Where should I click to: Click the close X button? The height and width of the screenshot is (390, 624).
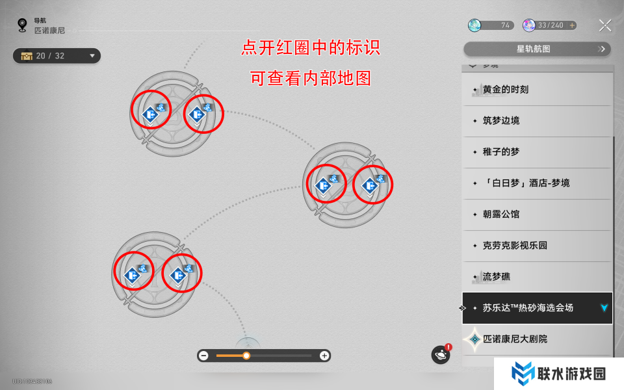605,25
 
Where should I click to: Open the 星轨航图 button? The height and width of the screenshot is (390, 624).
537,49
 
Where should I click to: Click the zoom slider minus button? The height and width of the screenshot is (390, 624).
204,356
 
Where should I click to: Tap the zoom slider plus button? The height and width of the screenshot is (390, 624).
324,356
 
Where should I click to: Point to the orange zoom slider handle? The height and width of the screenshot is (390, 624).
246,356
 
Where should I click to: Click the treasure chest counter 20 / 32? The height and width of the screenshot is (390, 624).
57,56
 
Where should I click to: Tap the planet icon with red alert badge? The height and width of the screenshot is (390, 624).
441,355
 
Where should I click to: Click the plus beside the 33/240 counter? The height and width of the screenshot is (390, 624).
572,25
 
